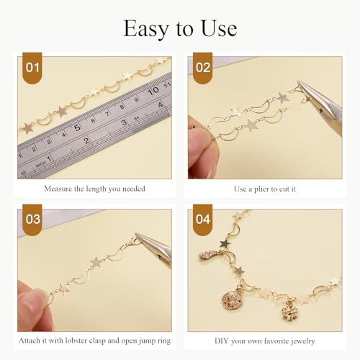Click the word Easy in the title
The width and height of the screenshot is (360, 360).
click(x=146, y=29)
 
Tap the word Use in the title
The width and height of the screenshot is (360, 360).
click(x=219, y=28)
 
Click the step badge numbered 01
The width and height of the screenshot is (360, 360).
click(x=32, y=68)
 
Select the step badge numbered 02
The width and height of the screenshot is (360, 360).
click(x=203, y=68)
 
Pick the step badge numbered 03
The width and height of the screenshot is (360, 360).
click(x=32, y=220)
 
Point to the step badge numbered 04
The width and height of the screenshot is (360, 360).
click(x=203, y=220)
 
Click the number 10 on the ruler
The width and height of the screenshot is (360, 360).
click(x=153, y=91)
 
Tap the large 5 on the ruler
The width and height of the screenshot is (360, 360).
click(x=77, y=127)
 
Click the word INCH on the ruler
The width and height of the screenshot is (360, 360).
click(x=40, y=164)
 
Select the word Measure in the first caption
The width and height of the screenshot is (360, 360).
click(x=58, y=189)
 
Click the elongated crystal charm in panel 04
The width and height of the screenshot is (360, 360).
click(x=210, y=253)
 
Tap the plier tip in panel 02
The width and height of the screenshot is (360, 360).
click(x=299, y=82)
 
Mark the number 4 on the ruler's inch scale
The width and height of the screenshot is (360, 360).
click(x=161, y=105)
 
